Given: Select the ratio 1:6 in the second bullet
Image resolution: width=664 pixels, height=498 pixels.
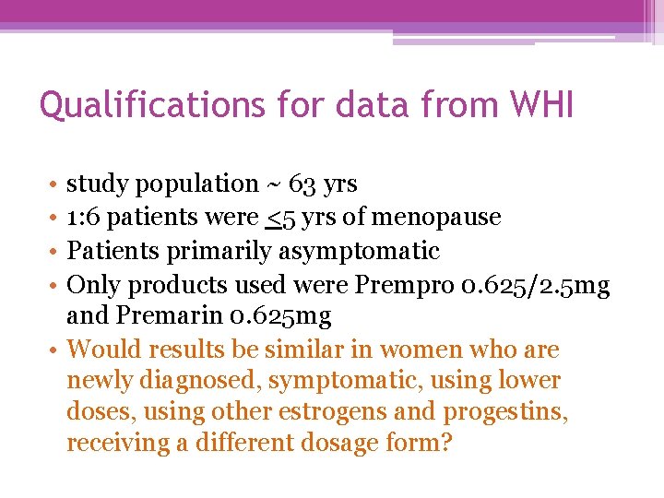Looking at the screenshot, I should pos(83,218).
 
